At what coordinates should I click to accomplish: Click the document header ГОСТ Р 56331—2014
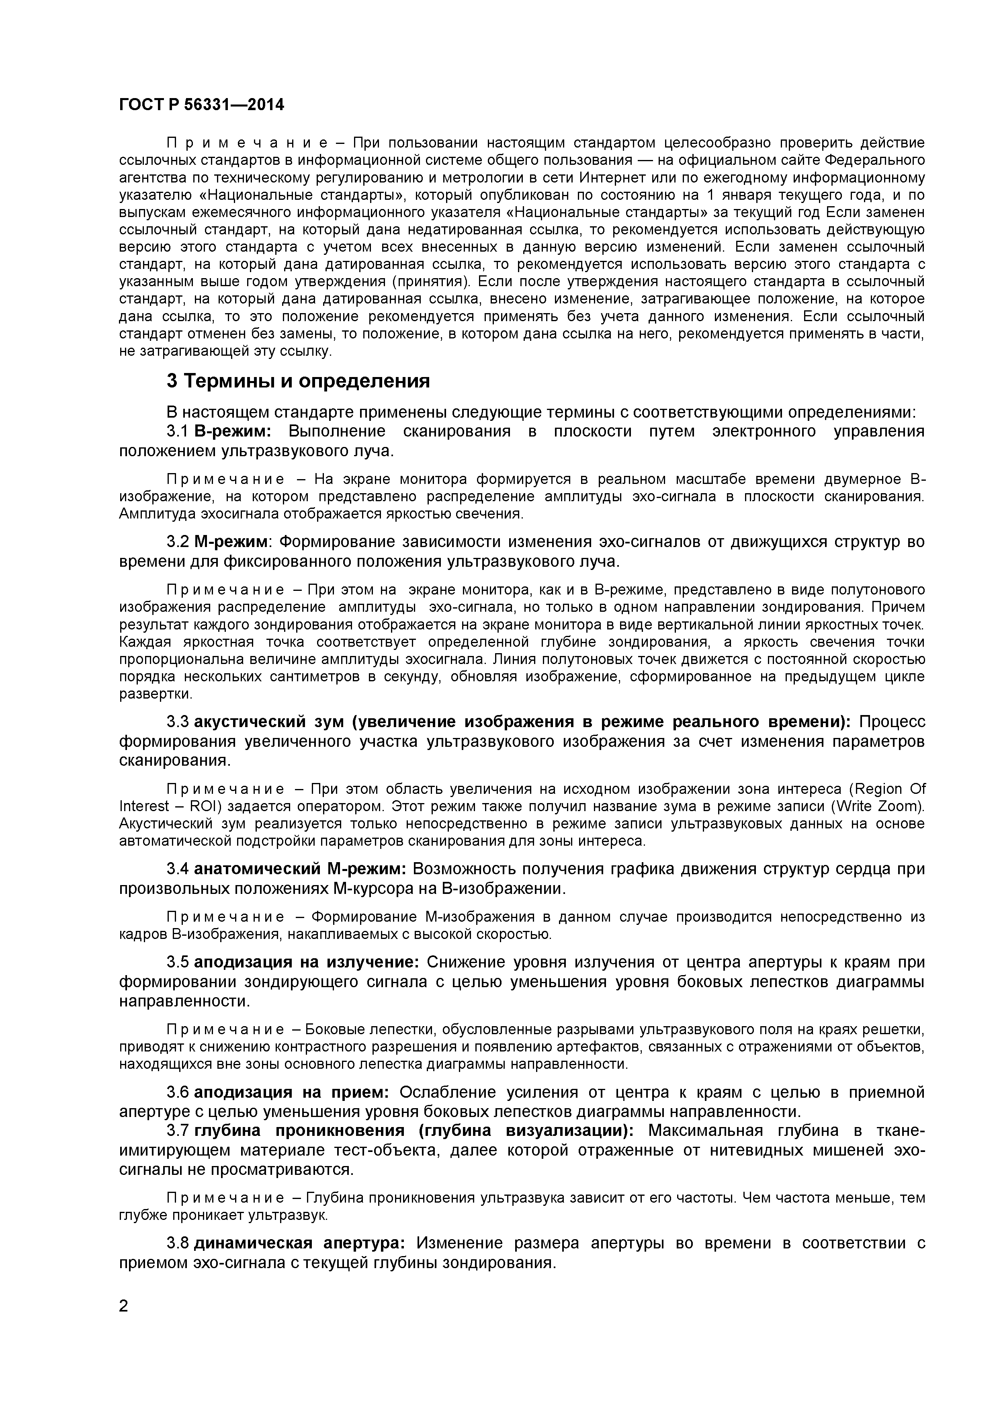[x=201, y=105]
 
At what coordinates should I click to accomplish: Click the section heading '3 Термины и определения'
[x=298, y=381]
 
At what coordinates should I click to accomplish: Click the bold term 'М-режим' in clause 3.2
[x=231, y=542]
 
